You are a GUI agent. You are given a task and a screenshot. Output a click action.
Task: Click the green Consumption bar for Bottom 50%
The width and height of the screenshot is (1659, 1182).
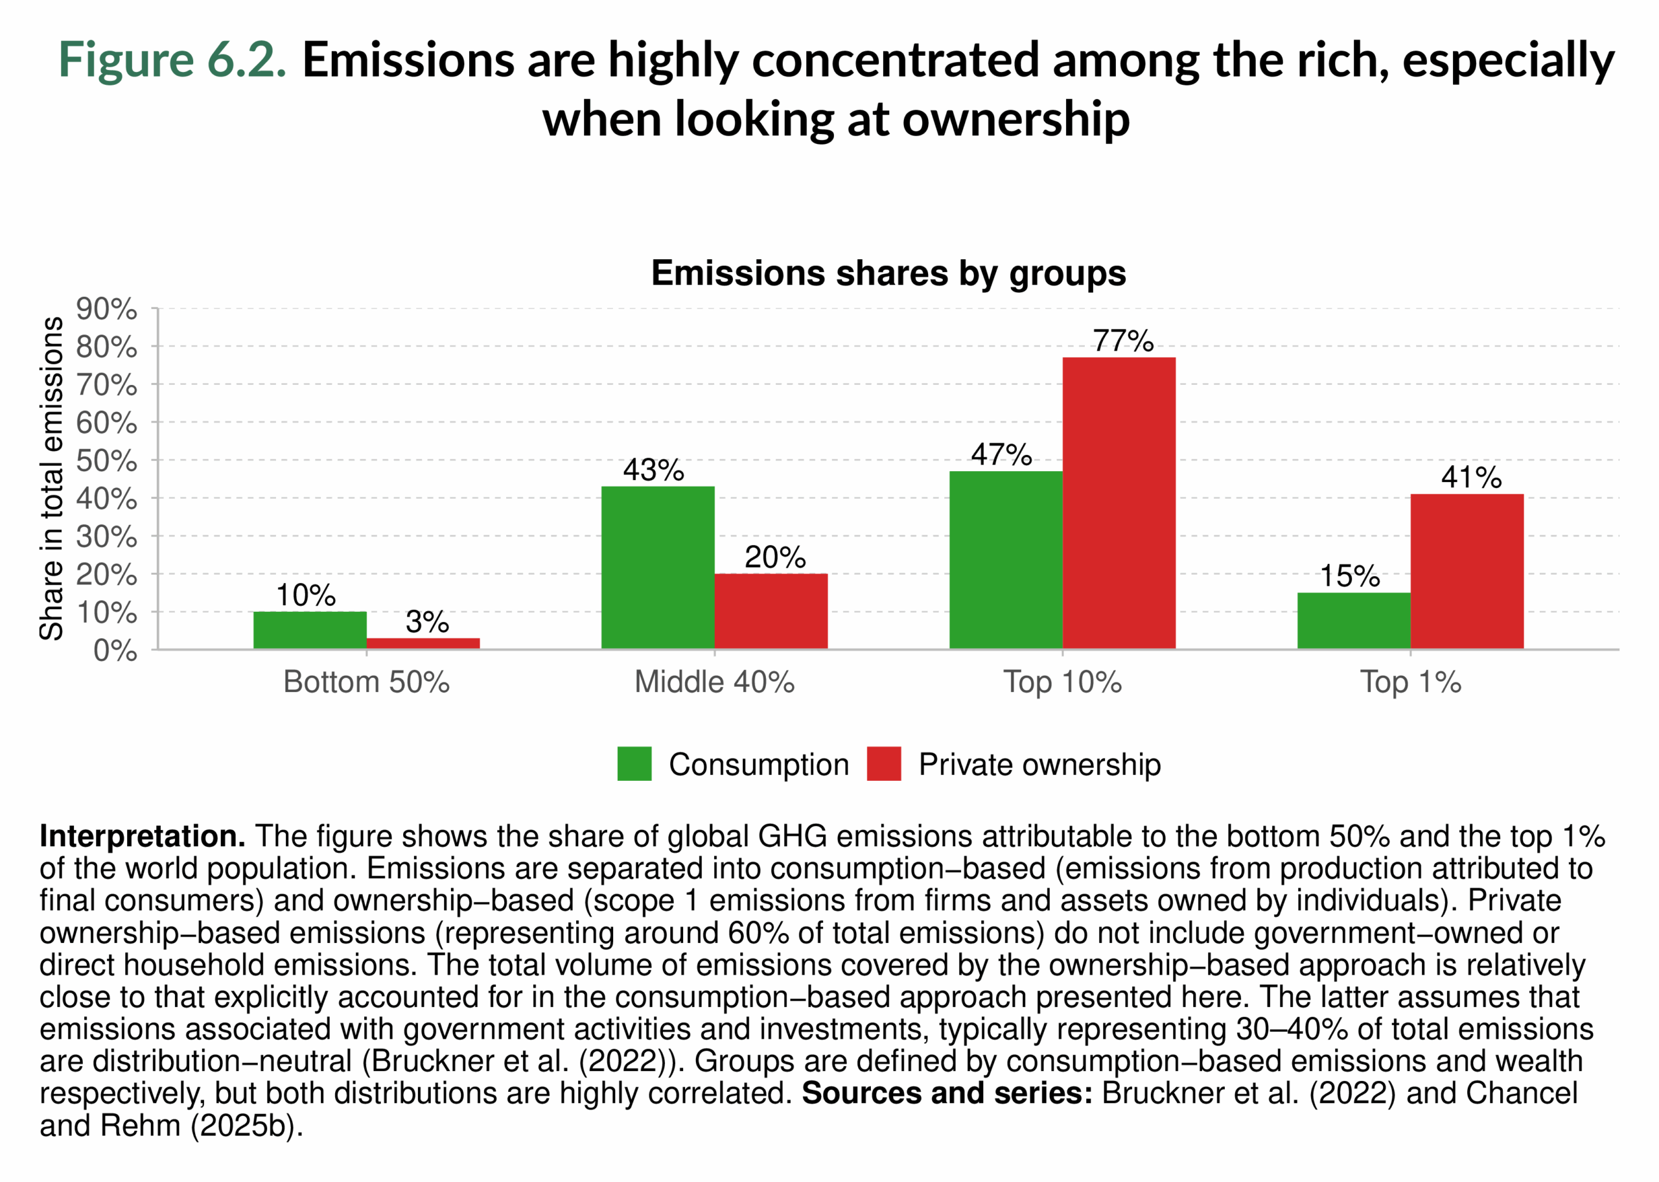[309, 630]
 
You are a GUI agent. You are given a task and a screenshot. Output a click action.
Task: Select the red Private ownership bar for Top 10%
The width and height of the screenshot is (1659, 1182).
[1119, 502]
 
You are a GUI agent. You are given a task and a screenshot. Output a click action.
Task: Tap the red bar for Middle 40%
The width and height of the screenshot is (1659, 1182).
[771, 610]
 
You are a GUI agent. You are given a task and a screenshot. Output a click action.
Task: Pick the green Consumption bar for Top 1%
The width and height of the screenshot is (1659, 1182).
[1352, 620]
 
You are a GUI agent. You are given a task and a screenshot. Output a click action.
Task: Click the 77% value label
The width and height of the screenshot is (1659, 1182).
[1122, 341]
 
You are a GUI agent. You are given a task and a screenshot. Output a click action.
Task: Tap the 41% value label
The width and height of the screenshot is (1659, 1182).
[1470, 477]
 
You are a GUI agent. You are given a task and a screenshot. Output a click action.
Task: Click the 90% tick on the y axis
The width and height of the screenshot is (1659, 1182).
[106, 308]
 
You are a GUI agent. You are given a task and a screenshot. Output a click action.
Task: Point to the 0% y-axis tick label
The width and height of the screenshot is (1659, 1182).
[115, 650]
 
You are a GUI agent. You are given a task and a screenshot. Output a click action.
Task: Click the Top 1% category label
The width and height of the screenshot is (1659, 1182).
[1410, 682]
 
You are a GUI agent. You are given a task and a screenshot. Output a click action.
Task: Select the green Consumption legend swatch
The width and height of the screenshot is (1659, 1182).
[634, 763]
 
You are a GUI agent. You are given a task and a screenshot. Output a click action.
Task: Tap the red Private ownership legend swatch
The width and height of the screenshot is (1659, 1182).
[883, 763]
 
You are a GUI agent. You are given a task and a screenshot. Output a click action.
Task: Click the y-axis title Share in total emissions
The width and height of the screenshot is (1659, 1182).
[51, 478]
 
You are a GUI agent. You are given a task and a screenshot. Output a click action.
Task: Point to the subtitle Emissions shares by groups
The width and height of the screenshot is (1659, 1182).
[888, 273]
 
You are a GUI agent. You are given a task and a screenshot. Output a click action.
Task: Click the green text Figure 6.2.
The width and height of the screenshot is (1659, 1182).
[172, 59]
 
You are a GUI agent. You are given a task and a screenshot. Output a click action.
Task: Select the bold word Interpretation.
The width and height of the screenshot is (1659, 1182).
[142, 837]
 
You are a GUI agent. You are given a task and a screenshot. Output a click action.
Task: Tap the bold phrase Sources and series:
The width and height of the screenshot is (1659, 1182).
[946, 1093]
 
